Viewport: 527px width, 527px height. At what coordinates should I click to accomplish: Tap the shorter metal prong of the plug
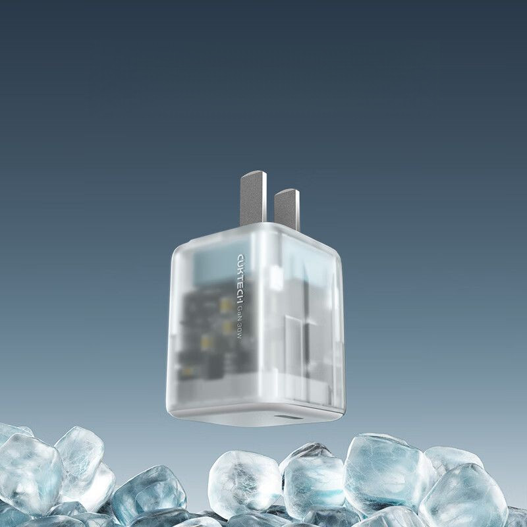pos(287,208)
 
